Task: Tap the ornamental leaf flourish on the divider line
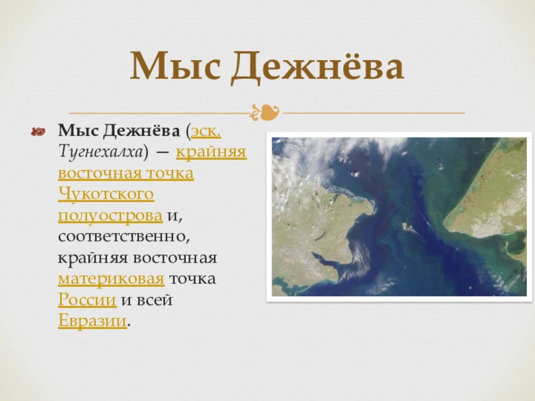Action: coord(265,112)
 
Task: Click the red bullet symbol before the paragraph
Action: coord(38,132)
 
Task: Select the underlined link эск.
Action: coord(206,131)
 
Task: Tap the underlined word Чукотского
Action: coord(106,194)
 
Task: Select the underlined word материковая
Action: coord(111,279)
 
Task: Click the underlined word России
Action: coord(88,300)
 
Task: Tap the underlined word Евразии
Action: coord(92,321)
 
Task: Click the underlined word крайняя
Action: coord(211,152)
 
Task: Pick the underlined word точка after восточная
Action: coord(170,174)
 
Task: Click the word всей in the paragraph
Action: coord(154,300)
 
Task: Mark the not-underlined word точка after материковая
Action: coord(193,279)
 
